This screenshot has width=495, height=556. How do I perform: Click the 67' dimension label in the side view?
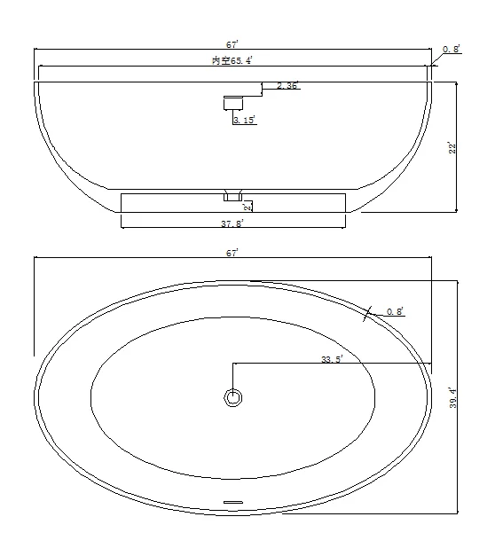tap(232, 43)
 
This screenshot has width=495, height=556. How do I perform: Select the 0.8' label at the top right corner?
tap(452, 50)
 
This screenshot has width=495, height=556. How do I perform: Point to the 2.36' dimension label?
tap(287, 86)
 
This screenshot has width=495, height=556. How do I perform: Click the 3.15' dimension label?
tap(245, 120)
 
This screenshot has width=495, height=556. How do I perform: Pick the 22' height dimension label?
tap(452, 148)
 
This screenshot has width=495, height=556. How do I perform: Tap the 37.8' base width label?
tap(232, 223)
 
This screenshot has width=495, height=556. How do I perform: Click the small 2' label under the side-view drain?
tap(247, 208)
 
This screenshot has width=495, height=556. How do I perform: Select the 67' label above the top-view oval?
tap(232, 253)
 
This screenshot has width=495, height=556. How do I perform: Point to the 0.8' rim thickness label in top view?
tap(395, 311)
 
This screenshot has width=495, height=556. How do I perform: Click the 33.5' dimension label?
tap(332, 360)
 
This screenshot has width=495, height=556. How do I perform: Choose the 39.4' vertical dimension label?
tap(452, 398)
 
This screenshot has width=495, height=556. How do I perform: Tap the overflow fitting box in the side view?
tap(232, 101)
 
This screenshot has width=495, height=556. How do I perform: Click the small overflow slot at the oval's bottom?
tap(232, 503)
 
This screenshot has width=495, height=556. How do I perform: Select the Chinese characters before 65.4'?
tap(219, 59)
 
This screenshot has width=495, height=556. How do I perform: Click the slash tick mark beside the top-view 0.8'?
tap(367, 312)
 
